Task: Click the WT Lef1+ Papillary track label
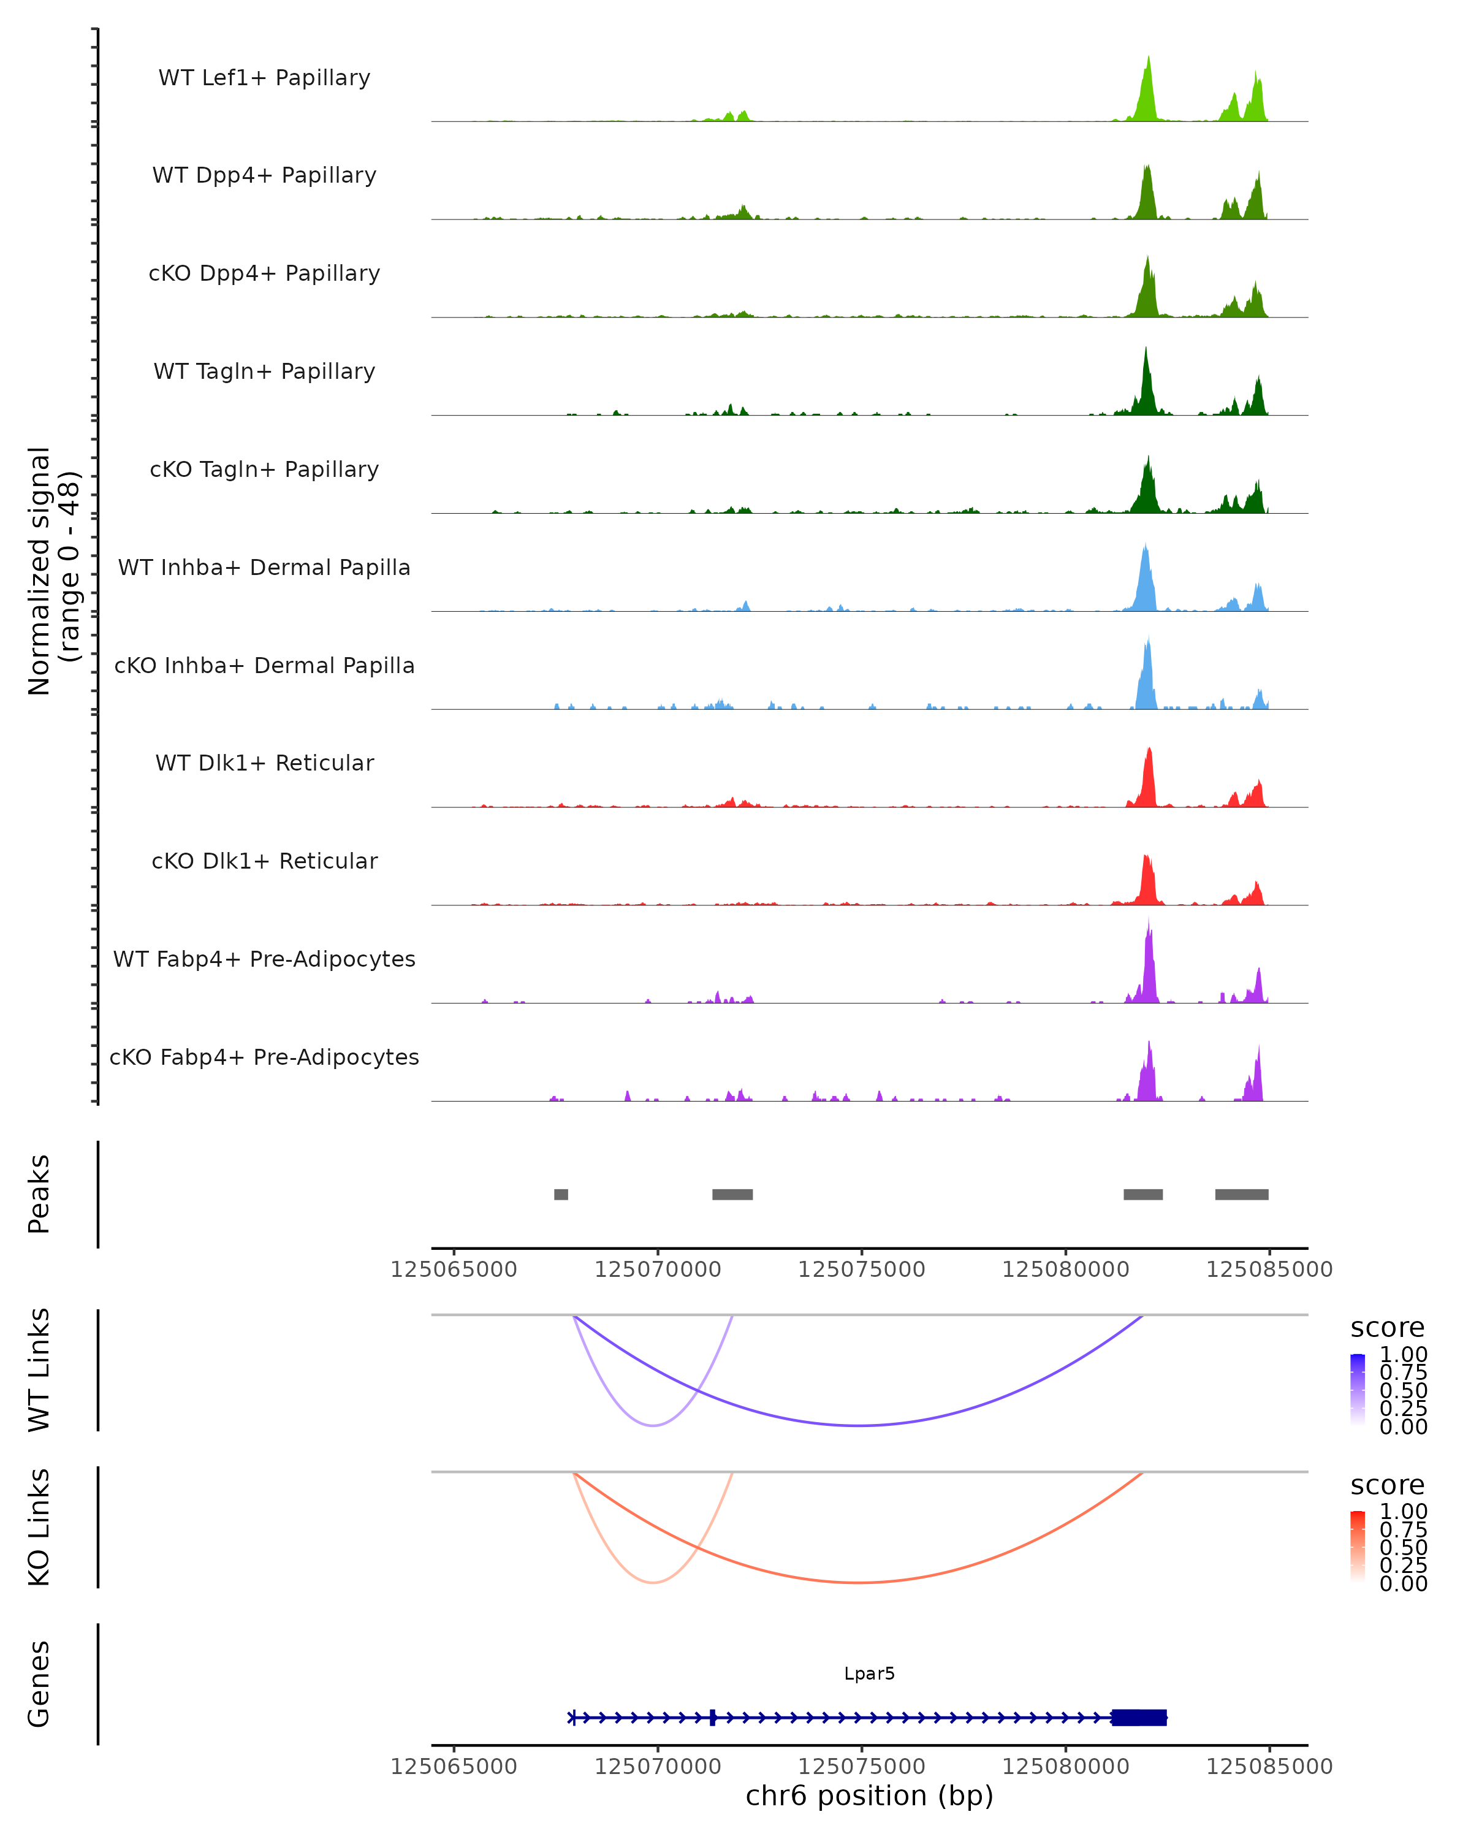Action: tap(264, 78)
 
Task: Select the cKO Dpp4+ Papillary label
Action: tap(264, 273)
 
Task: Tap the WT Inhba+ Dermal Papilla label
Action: tap(264, 567)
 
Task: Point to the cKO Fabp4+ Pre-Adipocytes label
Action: tap(264, 1057)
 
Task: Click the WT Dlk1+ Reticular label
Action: tap(264, 763)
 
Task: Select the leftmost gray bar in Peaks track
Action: tap(560, 1194)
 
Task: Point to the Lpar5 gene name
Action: tap(869, 1673)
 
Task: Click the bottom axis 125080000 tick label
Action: tap(1065, 1767)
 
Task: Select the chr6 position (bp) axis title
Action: tap(869, 1796)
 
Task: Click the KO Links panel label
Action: tap(39, 1527)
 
